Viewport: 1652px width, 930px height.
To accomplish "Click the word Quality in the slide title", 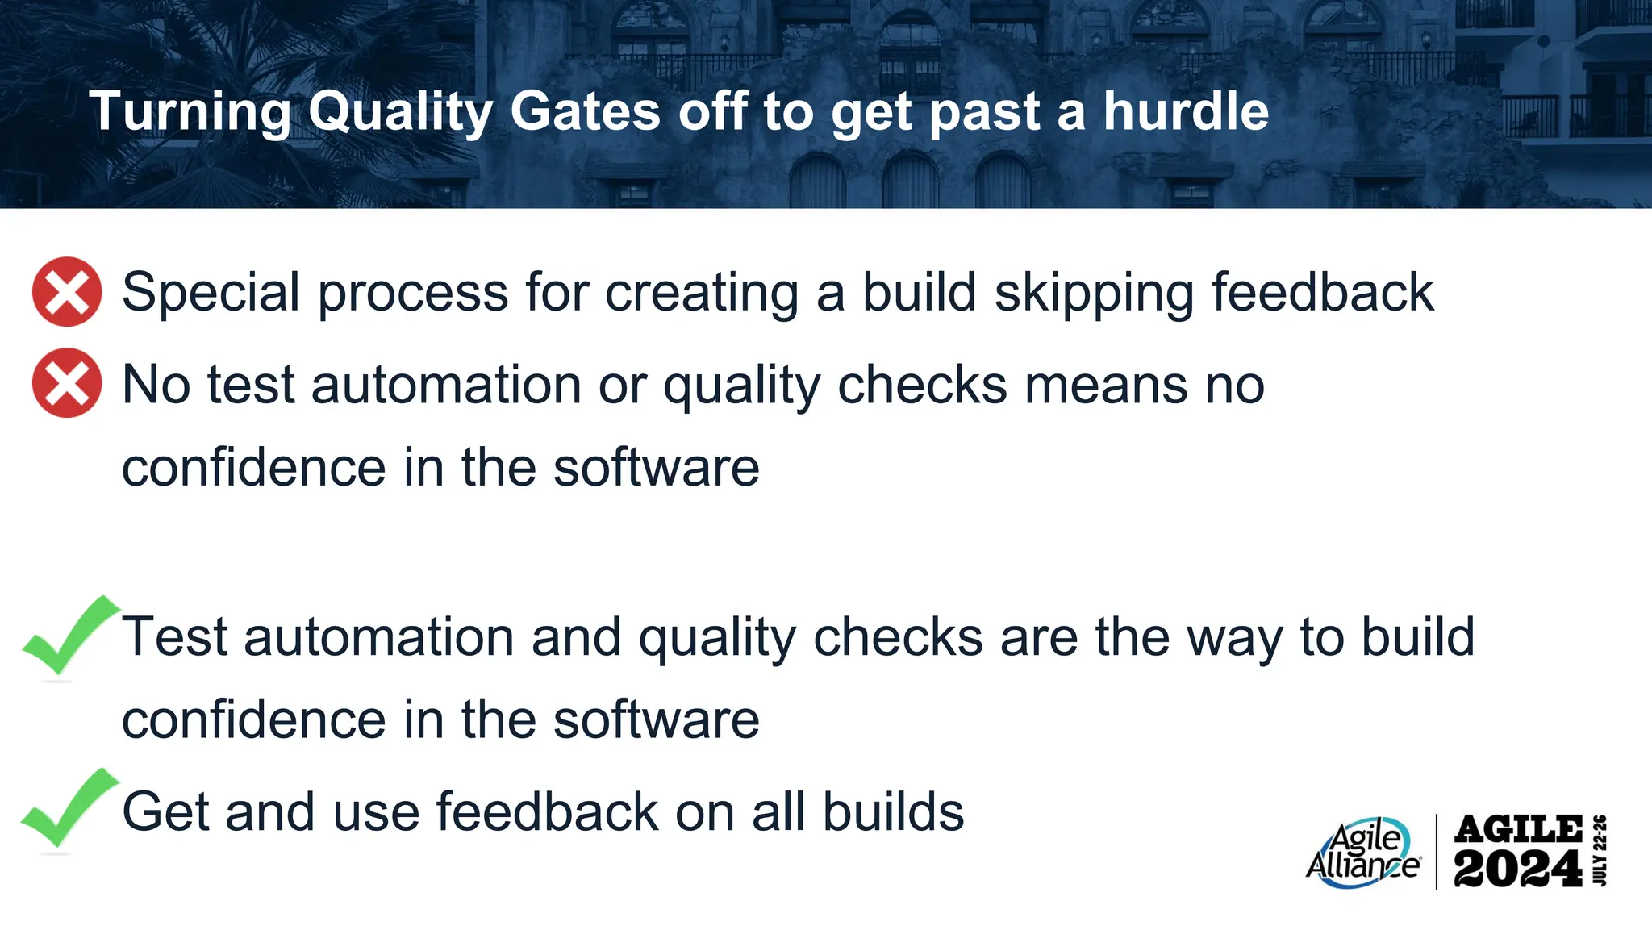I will pyautogui.click(x=399, y=111).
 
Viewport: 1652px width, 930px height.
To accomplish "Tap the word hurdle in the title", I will pyautogui.click(x=1186, y=111).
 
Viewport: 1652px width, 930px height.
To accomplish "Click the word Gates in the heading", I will pyautogui.click(x=586, y=111).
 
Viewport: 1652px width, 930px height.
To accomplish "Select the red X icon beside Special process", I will pyautogui.click(x=67, y=292).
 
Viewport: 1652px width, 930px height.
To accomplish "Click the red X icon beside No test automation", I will pyautogui.click(x=67, y=382).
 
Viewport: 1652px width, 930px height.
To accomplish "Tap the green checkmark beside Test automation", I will pyautogui.click(x=69, y=636).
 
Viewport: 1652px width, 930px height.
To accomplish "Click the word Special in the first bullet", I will pyautogui.click(x=211, y=292).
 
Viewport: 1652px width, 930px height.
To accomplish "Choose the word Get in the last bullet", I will pyautogui.click(x=165, y=811).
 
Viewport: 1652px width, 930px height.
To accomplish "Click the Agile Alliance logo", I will pyautogui.click(x=1362, y=853).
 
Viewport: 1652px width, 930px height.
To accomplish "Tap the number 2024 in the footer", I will pyautogui.click(x=1517, y=869).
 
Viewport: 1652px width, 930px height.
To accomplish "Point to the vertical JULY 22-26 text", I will pyautogui.click(x=1600, y=851).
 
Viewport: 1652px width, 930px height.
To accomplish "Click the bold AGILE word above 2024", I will pyautogui.click(x=1518, y=829).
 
